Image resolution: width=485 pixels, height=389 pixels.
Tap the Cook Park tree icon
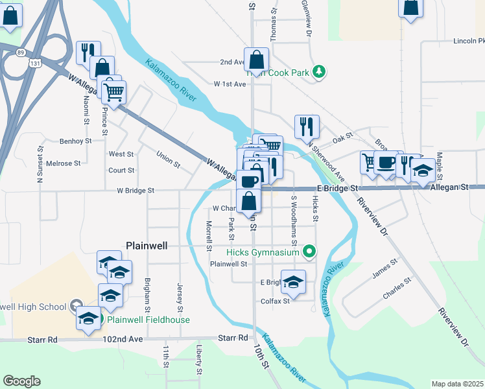(x=318, y=73)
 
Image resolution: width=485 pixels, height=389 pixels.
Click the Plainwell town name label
(x=146, y=246)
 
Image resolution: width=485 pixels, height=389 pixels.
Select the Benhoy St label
(x=76, y=141)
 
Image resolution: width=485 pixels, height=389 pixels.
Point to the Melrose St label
(x=62, y=164)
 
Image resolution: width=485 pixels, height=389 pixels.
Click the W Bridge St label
(x=136, y=191)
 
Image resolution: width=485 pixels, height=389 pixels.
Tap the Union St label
(x=168, y=158)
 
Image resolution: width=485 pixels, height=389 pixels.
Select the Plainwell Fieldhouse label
(x=148, y=320)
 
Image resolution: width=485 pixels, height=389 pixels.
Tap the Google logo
(x=21, y=381)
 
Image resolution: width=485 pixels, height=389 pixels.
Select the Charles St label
(x=397, y=289)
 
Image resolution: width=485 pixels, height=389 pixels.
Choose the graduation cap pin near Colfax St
(x=293, y=282)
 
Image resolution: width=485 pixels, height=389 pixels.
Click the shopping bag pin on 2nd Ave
(x=257, y=60)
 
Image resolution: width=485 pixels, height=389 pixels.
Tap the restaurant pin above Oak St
(x=306, y=126)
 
